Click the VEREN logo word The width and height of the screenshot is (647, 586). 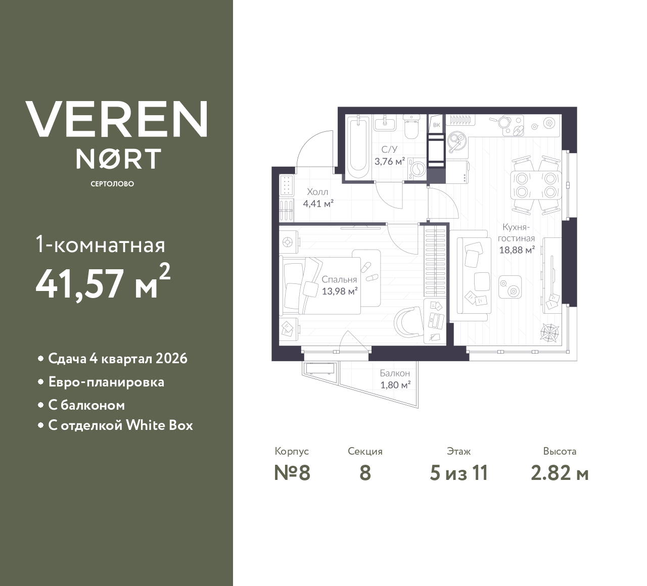click(116, 119)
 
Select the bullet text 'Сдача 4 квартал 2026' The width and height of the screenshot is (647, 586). click(118, 359)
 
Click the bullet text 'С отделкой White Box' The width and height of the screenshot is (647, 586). click(120, 425)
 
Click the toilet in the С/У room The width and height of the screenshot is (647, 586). click(412, 129)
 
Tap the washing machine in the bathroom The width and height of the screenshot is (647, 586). click(417, 169)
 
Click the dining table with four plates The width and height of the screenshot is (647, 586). click(536, 185)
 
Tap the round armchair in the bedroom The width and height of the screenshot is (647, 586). click(409, 321)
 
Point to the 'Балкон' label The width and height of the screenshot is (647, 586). click(395, 373)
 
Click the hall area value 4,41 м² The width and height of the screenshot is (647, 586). click(318, 204)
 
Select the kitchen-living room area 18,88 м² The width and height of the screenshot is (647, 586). click(517, 250)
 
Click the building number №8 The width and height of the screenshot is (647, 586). click(292, 473)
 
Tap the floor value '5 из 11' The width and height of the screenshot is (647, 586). click(458, 473)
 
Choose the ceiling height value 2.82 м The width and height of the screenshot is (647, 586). click(560, 473)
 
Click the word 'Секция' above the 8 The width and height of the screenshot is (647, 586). click(365, 451)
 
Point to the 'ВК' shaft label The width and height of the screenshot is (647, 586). click(437, 124)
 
